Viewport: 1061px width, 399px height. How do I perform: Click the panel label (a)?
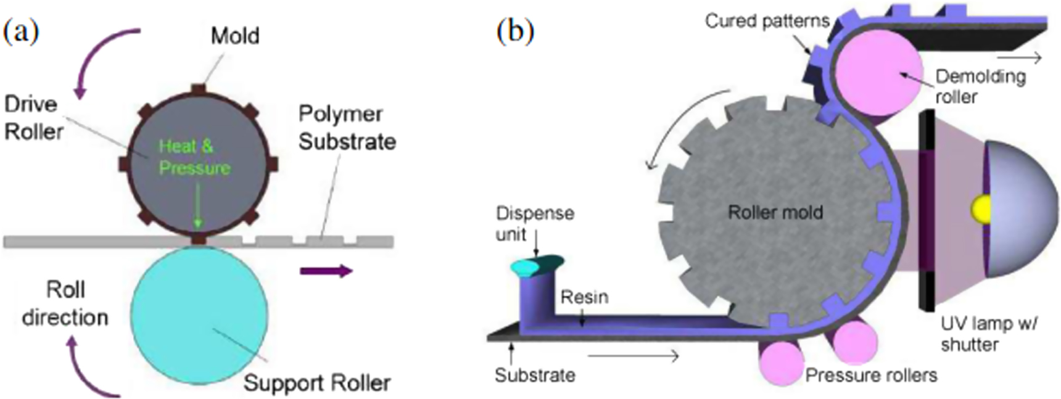tap(21, 31)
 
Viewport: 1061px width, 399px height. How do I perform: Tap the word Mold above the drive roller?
tap(234, 36)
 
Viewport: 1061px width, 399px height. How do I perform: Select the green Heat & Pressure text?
tap(194, 157)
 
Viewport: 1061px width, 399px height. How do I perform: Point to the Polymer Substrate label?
tap(347, 128)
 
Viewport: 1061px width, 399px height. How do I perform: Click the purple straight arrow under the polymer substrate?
tap(326, 271)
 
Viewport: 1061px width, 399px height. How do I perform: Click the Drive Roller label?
tap(33, 118)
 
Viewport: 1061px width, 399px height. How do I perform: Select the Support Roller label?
tap(316, 383)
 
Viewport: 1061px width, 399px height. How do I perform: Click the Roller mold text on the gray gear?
tap(775, 213)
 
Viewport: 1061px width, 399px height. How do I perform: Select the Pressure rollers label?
tap(871, 375)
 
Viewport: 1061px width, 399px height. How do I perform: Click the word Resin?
tap(584, 297)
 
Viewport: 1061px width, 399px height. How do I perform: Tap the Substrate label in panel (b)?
tap(534, 375)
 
